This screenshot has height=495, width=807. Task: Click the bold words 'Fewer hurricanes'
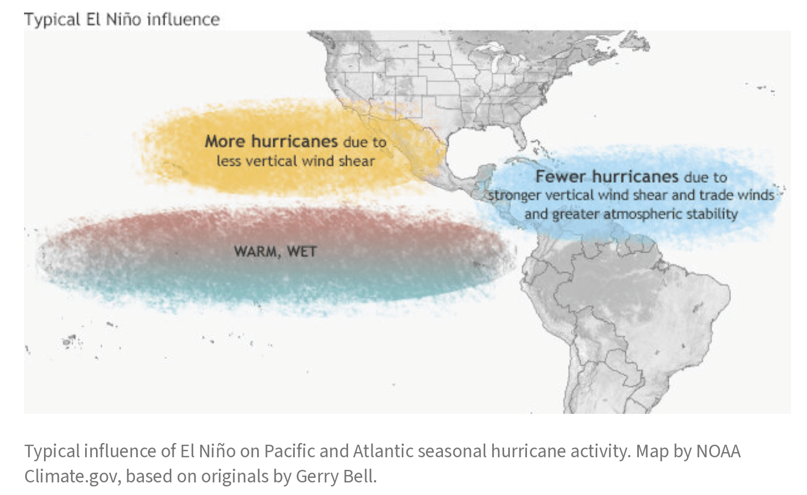pos(606,176)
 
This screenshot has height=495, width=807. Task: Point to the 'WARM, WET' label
pos(275,251)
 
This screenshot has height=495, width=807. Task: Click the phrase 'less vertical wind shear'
pos(295,161)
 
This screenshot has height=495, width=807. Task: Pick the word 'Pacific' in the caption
pos(289,452)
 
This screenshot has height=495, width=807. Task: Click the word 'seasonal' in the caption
pos(452,452)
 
